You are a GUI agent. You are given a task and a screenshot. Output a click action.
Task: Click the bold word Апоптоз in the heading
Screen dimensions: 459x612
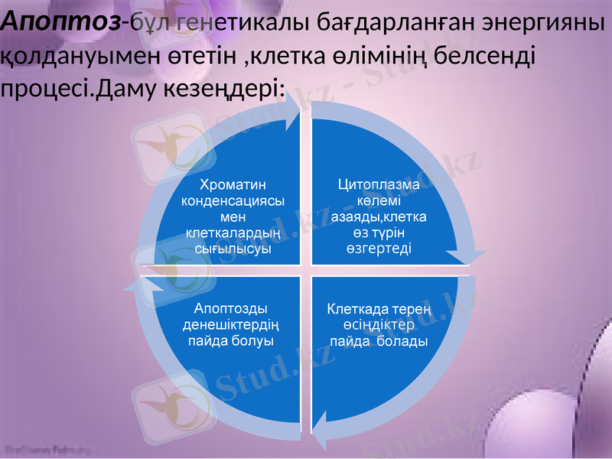61,21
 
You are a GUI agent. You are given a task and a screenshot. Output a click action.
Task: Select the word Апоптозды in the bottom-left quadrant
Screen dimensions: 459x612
230,308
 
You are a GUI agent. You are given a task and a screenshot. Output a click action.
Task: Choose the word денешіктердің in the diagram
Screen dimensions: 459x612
231,324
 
